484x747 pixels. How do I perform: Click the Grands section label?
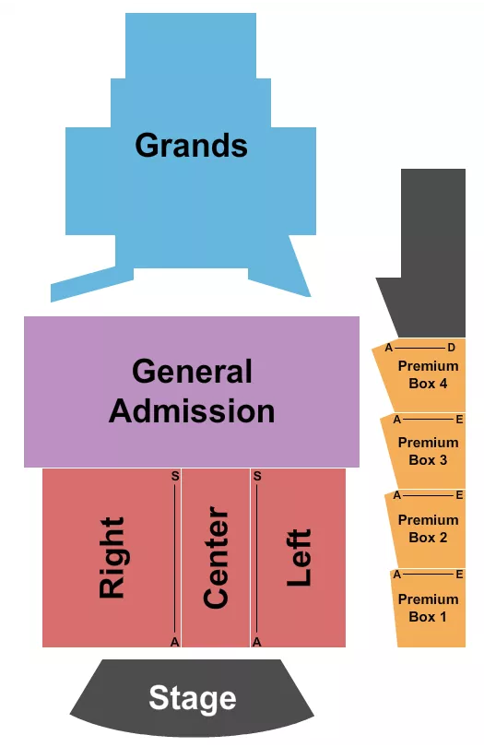pos(192,145)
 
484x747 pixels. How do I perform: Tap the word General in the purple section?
pos(192,372)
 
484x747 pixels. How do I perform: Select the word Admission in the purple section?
pos(192,409)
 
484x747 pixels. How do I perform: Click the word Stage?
pos(192,698)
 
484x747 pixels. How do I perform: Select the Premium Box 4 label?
pos(428,374)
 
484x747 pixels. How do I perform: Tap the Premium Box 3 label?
pos(428,451)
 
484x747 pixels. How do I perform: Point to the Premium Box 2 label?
pos(428,528)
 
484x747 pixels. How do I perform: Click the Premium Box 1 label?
pos(428,607)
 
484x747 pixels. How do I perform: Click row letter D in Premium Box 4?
pos(451,348)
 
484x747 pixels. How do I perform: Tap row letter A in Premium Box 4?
pos(389,348)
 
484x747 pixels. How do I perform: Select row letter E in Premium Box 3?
pos(458,418)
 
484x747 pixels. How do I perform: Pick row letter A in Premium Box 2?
pos(396,495)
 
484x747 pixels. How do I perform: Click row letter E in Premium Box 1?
pos(458,574)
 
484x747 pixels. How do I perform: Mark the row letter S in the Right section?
pos(174,477)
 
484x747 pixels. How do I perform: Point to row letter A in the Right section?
pos(174,640)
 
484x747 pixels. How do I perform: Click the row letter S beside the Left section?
pos(257,477)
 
